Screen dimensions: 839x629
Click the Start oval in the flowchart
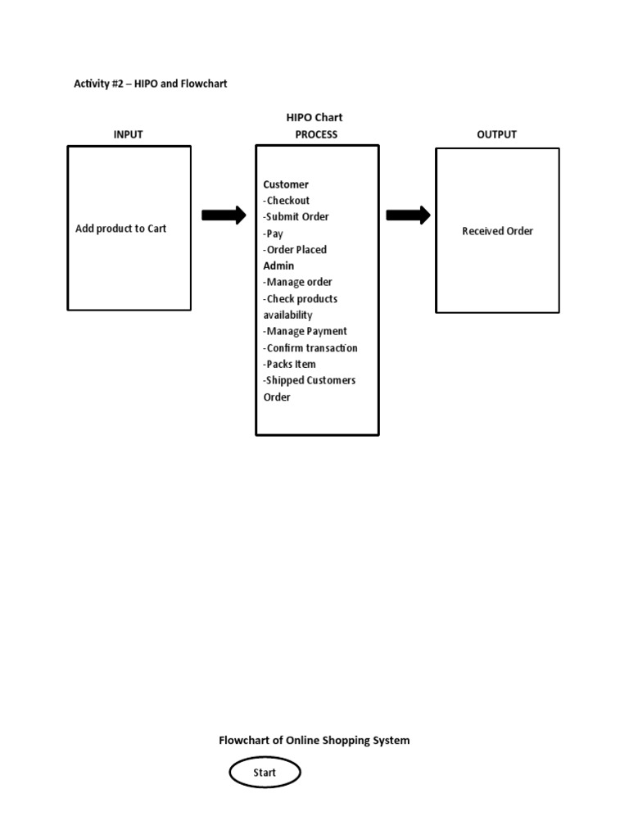[x=265, y=772]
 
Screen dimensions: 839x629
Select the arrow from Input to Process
[x=224, y=215]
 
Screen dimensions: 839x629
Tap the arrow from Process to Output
[x=408, y=215]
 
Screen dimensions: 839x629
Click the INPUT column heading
[x=128, y=134]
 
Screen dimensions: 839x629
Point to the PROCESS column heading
[x=315, y=134]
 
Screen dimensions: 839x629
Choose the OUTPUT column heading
[x=496, y=134]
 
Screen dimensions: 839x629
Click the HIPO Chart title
[x=314, y=117]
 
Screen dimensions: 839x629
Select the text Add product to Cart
[x=120, y=229]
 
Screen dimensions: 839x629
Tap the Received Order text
[x=497, y=231]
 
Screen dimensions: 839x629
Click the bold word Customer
[x=286, y=184]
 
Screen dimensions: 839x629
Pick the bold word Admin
[x=278, y=265]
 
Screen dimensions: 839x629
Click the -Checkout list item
[x=287, y=200]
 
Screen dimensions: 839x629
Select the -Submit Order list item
[x=296, y=216]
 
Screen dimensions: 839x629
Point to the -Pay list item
[x=273, y=234]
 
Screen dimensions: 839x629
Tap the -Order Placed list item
[x=295, y=250]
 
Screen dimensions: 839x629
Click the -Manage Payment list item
[x=305, y=331]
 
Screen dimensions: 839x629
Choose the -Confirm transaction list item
[x=310, y=347]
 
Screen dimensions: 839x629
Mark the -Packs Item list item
[x=289, y=364]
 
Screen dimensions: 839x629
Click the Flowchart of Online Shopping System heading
[x=314, y=740]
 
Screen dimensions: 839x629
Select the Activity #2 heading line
[x=150, y=84]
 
